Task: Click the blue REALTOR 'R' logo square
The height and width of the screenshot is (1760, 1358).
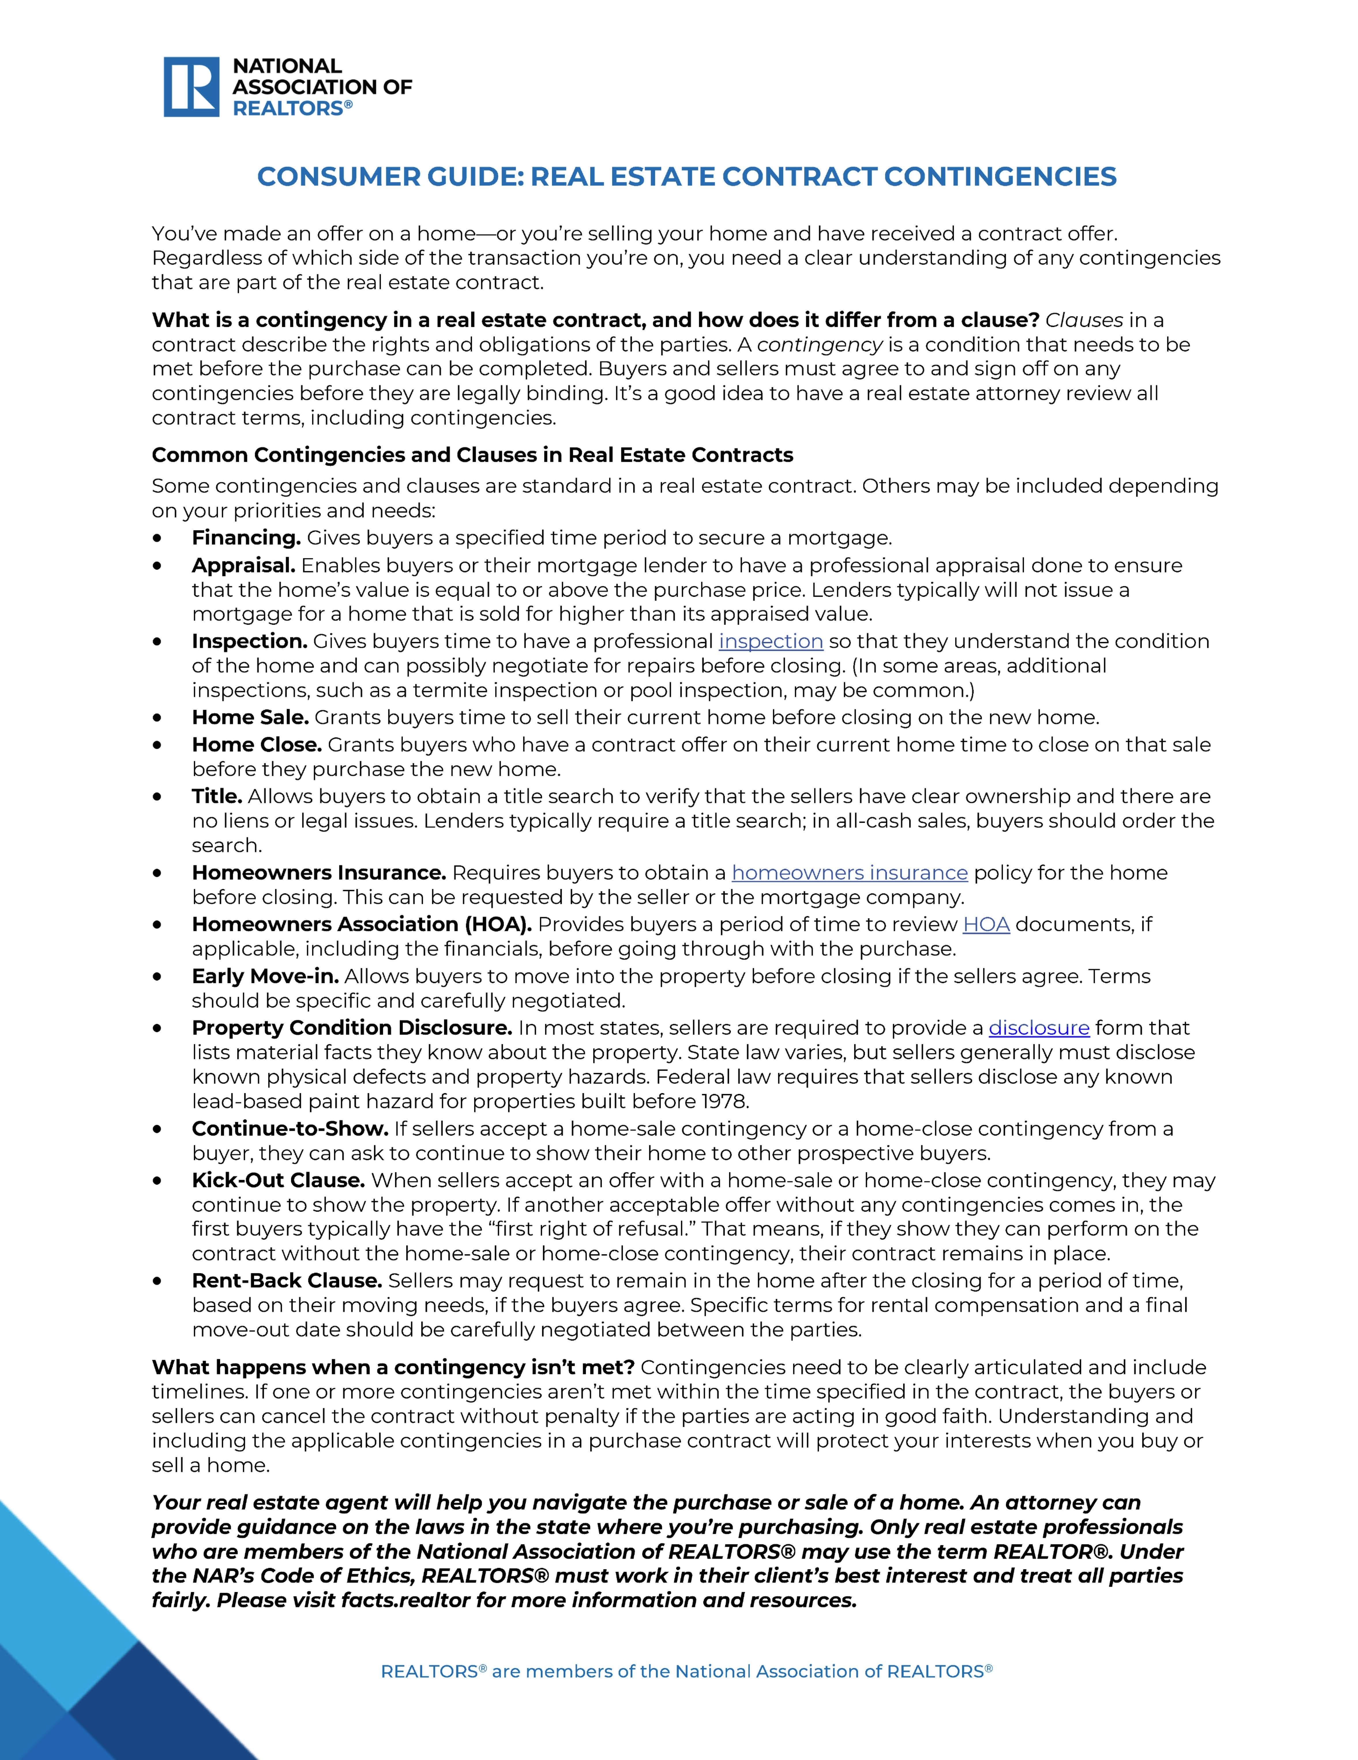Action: (191, 87)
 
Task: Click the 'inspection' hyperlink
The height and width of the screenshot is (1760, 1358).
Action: (771, 641)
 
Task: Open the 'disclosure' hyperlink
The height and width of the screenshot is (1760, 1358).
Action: (1039, 1028)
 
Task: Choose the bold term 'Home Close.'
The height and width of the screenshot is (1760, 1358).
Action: (256, 745)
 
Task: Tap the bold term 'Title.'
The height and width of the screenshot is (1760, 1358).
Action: (217, 796)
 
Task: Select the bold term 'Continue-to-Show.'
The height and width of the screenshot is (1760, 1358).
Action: (290, 1129)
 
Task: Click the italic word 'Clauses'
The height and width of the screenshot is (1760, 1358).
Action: (1084, 320)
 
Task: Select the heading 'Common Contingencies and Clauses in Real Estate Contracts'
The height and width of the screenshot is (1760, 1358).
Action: (472, 455)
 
